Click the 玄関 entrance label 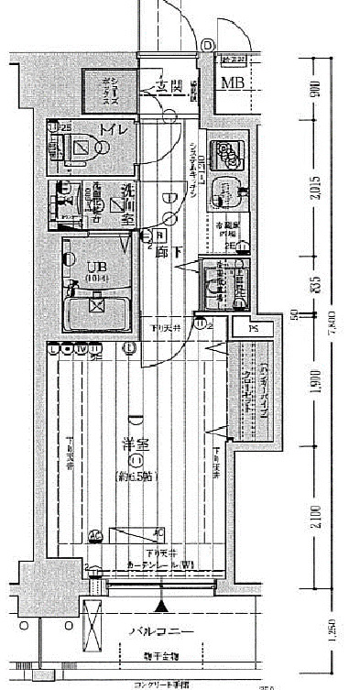click(169, 88)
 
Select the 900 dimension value click(314, 89)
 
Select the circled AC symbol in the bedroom click(93, 534)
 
